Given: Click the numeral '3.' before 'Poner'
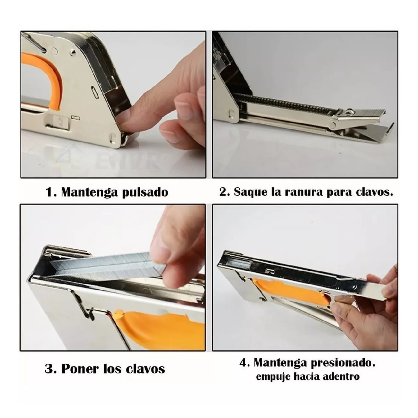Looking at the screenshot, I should click(x=51, y=369).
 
